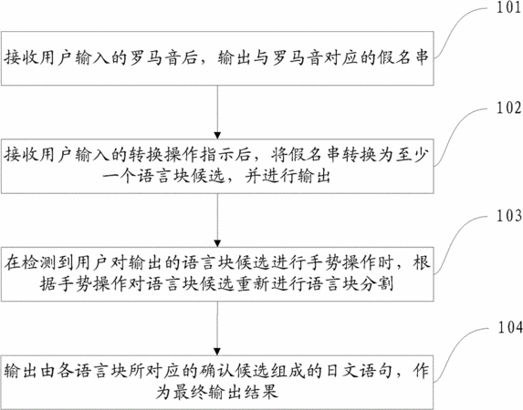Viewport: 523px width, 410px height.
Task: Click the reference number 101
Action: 509,7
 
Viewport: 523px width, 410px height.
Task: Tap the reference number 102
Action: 509,108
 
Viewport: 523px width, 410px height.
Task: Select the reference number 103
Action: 509,216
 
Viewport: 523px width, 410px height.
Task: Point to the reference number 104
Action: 510,327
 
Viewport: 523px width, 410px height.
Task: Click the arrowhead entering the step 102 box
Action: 217,136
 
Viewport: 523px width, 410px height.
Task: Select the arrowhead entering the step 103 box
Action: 217,243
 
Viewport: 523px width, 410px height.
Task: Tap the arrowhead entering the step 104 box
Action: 217,352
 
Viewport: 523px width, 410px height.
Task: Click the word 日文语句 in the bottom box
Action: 360,371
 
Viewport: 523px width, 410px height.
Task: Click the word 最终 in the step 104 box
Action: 190,392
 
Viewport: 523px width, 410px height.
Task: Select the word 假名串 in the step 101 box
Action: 403,57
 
